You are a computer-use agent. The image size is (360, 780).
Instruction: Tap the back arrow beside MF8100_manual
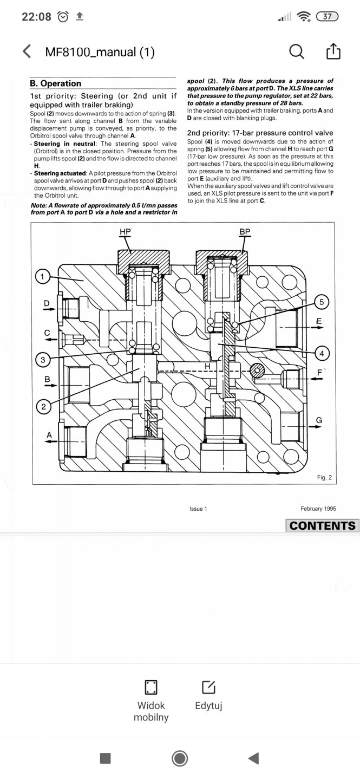(x=27, y=51)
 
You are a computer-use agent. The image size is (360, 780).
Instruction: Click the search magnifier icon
(x=297, y=52)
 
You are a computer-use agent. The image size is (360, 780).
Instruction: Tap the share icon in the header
(x=333, y=51)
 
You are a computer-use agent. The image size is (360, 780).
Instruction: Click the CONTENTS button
(x=323, y=525)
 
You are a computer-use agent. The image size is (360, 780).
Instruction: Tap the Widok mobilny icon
(x=150, y=687)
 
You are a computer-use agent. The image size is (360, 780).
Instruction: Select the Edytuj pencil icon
(x=208, y=687)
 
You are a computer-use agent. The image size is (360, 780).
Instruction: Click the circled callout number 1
(x=42, y=277)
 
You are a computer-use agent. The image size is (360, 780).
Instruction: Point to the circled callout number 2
(x=43, y=407)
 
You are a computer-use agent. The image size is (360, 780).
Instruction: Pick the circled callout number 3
(x=43, y=360)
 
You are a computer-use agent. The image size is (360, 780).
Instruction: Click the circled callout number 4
(x=322, y=353)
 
